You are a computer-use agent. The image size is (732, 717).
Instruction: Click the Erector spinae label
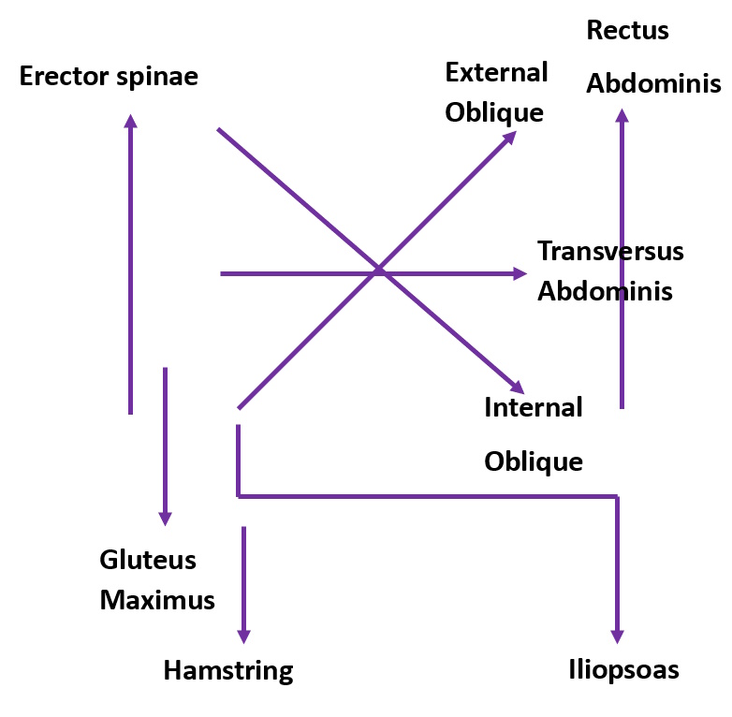(x=109, y=76)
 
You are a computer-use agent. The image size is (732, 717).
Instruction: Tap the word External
(x=496, y=72)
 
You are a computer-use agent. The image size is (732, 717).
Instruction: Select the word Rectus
(x=627, y=30)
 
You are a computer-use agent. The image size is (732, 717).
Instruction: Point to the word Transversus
(x=610, y=251)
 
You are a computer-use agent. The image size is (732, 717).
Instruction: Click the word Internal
(x=533, y=407)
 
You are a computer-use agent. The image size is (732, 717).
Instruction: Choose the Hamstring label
(x=228, y=670)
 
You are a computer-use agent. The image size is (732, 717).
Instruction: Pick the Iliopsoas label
(x=623, y=670)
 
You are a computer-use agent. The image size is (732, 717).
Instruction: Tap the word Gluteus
(x=148, y=560)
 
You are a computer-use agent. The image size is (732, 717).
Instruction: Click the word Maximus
(x=157, y=599)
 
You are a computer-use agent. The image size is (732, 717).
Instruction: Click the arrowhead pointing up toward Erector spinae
(x=131, y=121)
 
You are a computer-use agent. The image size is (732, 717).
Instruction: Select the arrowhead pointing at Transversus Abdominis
(x=520, y=273)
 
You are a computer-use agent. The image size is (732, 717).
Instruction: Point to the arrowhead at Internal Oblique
(x=517, y=387)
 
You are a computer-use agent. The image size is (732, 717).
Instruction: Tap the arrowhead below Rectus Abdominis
(x=622, y=116)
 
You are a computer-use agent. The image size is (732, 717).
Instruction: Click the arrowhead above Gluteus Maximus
(x=166, y=518)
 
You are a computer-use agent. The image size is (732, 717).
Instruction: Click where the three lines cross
(x=378, y=271)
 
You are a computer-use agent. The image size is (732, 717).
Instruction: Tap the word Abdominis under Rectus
(x=653, y=83)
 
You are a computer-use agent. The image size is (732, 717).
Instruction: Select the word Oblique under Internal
(x=534, y=461)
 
